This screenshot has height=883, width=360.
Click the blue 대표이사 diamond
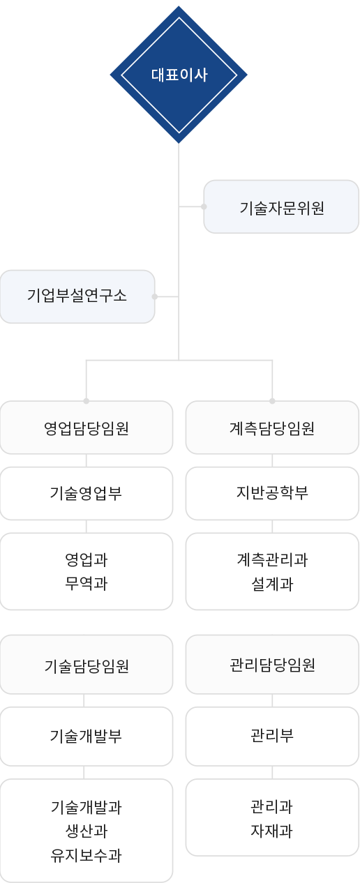pyautogui.click(x=179, y=75)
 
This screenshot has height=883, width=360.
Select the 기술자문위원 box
pyautogui.click(x=281, y=206)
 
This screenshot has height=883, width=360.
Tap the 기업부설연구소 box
pyautogui.click(x=77, y=296)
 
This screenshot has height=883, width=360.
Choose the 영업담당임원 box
pyautogui.click(x=87, y=428)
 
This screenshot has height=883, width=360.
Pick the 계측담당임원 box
pyautogui.click(x=272, y=428)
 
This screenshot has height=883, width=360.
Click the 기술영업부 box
pyautogui.click(x=87, y=493)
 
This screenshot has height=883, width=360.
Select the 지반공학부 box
pyautogui.click(x=272, y=493)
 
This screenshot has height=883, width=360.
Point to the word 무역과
pyautogui.click(x=87, y=583)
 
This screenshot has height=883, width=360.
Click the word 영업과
pyautogui.click(x=87, y=560)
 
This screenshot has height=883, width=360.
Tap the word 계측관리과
pyautogui.click(x=272, y=560)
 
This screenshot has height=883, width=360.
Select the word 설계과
pyautogui.click(x=272, y=583)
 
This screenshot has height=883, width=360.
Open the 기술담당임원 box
pyautogui.click(x=87, y=664)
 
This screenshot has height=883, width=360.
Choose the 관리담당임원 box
pyautogui.click(x=272, y=664)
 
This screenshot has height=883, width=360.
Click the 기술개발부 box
pyautogui.click(x=87, y=737)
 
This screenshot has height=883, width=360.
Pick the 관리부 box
pyautogui.click(x=272, y=737)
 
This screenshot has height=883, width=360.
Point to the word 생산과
pyautogui.click(x=87, y=831)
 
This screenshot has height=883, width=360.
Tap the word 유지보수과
pyautogui.click(x=87, y=855)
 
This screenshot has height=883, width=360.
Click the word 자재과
pyautogui.click(x=272, y=831)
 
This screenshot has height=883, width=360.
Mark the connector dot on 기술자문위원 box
pyautogui.click(x=204, y=206)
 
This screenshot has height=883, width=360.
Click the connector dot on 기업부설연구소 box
pyautogui.click(x=155, y=296)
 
